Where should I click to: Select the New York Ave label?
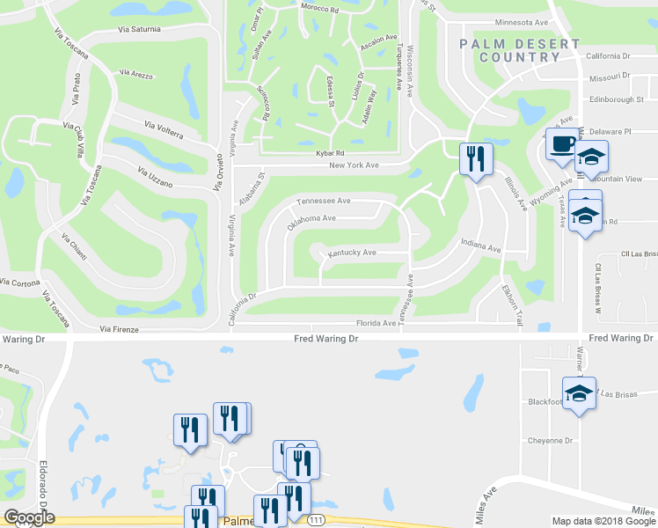pos(354,165)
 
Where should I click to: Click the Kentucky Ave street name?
pos(352,253)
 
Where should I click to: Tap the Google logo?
pos(29,517)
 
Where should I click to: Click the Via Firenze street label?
pos(120,329)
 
